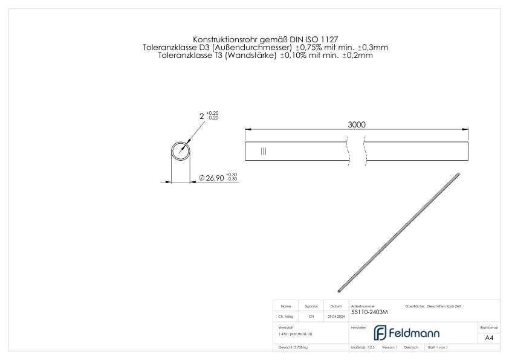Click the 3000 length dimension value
356,124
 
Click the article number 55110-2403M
369,312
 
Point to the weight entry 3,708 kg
293,348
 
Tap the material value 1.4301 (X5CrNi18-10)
296,333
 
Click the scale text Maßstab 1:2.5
363,348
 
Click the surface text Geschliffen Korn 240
447,306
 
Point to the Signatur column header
312,306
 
